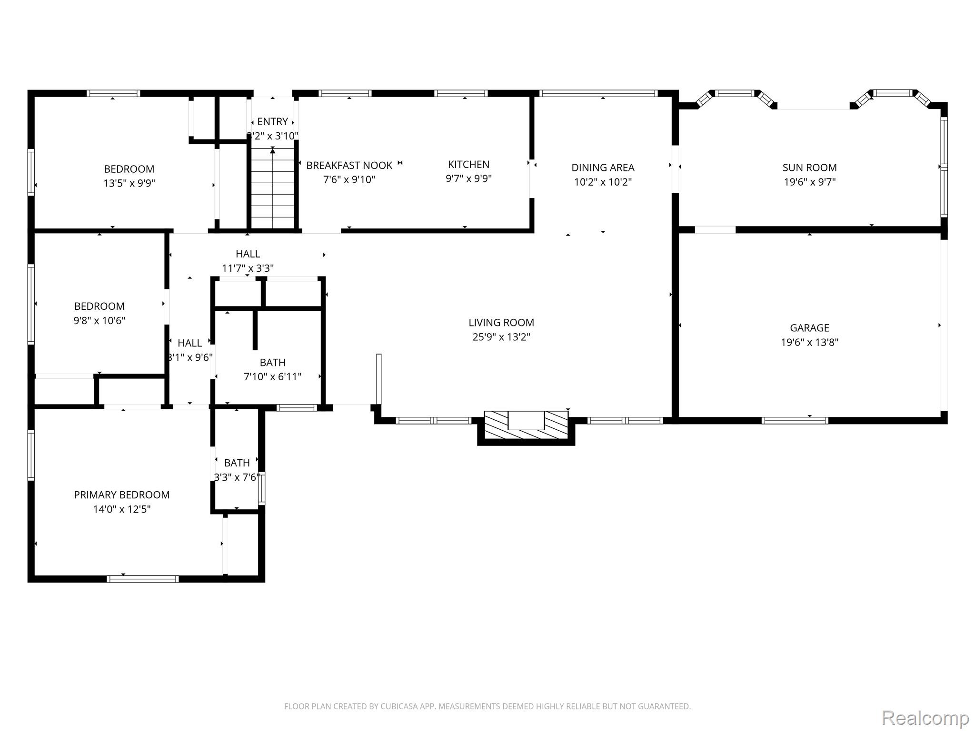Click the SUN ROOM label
click(809, 168)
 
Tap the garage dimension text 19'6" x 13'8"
click(809, 342)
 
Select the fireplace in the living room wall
click(526, 426)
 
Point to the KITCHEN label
click(468, 165)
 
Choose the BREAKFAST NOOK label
click(349, 166)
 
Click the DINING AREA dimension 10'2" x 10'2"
click(603, 182)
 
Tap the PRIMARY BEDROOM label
click(122, 495)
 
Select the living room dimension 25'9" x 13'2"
click(501, 337)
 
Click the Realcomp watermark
click(925, 718)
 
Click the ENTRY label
click(272, 122)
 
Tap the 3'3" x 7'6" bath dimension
click(237, 477)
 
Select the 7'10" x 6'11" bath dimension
click(272, 377)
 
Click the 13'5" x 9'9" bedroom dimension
click(129, 183)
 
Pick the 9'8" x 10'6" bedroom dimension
click(99, 321)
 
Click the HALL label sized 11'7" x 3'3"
click(248, 254)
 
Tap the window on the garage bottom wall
click(795, 420)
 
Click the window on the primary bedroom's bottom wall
click(143, 579)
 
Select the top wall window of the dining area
click(598, 93)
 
